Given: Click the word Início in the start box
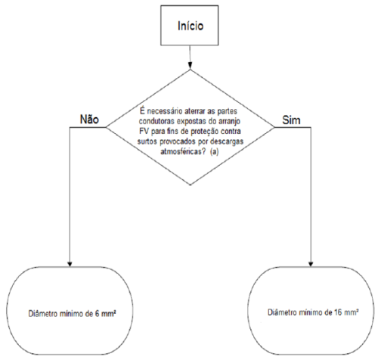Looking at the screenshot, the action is tap(190, 26).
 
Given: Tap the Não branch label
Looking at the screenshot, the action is tap(89, 119).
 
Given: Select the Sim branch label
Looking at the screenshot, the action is tap(291, 119).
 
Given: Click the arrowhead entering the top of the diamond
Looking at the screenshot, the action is tap(190, 66).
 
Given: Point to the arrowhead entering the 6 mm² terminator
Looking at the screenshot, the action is tap(70, 263).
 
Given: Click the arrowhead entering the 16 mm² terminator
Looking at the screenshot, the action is tap(311, 263).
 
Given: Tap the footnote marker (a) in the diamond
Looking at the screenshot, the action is tap(214, 152).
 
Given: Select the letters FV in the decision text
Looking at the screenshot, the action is tap(144, 132).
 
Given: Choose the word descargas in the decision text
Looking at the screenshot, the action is tap(227, 141).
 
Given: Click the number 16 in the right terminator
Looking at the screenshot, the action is tap(338, 312).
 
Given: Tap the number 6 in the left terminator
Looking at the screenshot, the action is tap(97, 314).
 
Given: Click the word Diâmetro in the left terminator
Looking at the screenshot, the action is tap(43, 314).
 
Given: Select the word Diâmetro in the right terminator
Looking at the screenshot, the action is tap(282, 312).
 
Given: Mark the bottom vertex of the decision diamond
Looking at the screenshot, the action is tap(190, 185).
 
